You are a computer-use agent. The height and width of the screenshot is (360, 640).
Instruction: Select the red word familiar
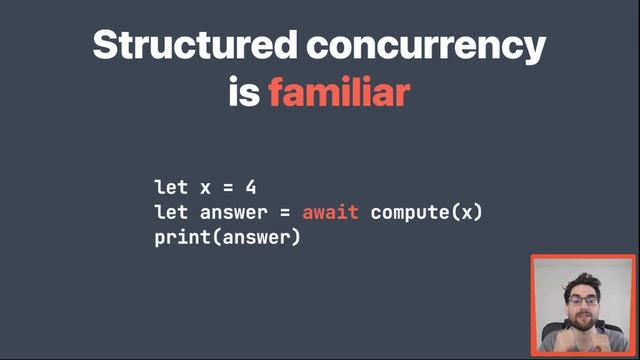pos(339,93)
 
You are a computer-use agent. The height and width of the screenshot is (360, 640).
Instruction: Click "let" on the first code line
pos(171,187)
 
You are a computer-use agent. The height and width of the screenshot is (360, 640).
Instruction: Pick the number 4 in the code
pos(250,187)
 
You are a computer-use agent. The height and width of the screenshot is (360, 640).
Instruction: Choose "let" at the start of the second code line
pos(171,213)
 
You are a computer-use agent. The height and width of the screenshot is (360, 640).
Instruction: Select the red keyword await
pos(331,213)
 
